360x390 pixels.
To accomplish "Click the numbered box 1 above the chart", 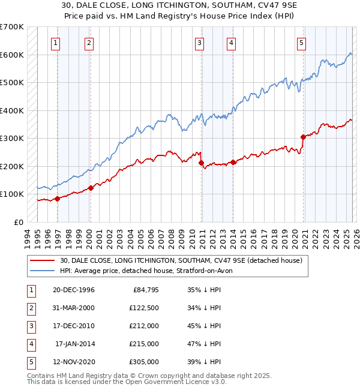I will [x=56, y=43].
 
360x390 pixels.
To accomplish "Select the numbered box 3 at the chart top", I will [x=199, y=43].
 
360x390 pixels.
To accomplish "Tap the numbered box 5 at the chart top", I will [x=301, y=43].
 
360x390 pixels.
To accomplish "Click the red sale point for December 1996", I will [x=57, y=199].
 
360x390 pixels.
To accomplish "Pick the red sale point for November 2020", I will [x=303, y=137].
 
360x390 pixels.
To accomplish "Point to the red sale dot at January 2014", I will [x=233, y=162].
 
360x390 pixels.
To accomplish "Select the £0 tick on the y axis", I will [x=17, y=222].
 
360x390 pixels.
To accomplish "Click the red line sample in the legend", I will [x=43, y=260].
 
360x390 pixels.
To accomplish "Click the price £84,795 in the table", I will [x=144, y=290].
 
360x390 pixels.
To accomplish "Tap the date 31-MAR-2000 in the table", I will [x=74, y=308].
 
